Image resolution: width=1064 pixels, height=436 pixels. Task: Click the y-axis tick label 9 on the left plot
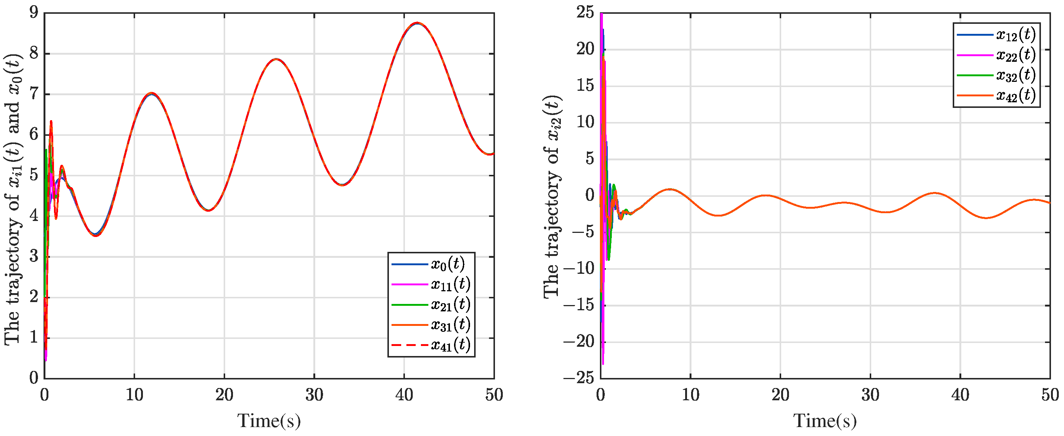coord(33,13)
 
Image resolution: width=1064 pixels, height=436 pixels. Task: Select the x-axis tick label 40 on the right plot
coord(960,395)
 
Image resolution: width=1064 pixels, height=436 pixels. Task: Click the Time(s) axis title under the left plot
coord(269,421)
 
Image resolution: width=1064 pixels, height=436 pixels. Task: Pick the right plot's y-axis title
coord(552,196)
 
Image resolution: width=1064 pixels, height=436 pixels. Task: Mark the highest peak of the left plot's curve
coord(417,23)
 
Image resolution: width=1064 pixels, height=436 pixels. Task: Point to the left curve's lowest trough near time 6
coord(96,235)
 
